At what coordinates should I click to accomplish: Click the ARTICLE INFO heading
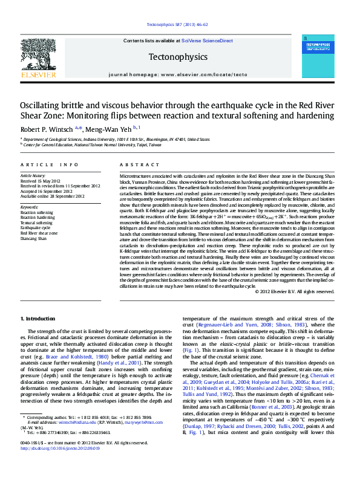[x=50, y=165]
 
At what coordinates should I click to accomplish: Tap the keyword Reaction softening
[x=37, y=213]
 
